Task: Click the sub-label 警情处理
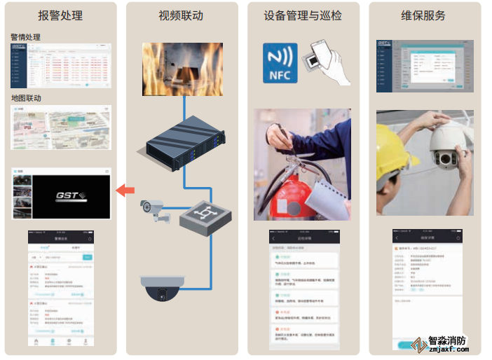[x=26, y=36]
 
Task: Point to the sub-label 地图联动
[x=26, y=98]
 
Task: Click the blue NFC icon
[x=280, y=64]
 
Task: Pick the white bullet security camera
[x=154, y=208]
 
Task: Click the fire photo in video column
[x=182, y=69]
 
